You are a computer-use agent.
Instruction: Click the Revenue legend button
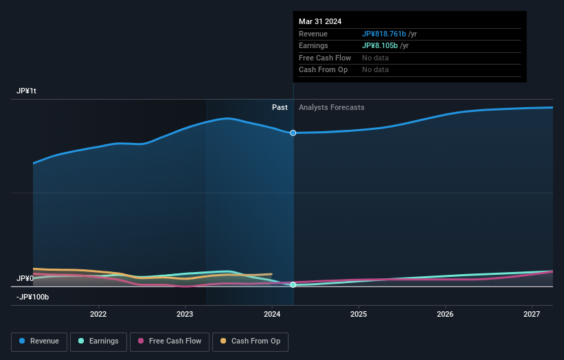[x=39, y=341]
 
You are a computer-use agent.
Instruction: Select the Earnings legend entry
[x=98, y=341]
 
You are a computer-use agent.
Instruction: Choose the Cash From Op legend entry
[x=250, y=341]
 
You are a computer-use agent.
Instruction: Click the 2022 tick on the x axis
[x=98, y=314]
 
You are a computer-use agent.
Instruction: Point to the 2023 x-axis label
[x=185, y=314]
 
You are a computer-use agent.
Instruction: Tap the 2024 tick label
[x=272, y=314]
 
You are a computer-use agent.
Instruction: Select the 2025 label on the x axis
[x=359, y=314]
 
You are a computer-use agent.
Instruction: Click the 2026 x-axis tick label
[x=445, y=314]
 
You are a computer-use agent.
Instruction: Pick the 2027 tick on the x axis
[x=532, y=314]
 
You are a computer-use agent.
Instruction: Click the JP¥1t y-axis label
[x=27, y=91]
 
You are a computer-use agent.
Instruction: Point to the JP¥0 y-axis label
[x=25, y=278]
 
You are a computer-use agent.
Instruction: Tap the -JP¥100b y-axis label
[x=32, y=297]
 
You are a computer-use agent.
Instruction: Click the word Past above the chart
[x=280, y=107]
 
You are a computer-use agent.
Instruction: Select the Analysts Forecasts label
[x=331, y=107]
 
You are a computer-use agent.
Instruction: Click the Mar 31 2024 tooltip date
[x=320, y=22]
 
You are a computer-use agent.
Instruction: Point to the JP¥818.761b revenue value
[x=384, y=34]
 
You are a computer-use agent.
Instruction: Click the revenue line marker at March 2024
[x=293, y=133]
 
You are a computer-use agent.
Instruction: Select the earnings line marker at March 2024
[x=293, y=284]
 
